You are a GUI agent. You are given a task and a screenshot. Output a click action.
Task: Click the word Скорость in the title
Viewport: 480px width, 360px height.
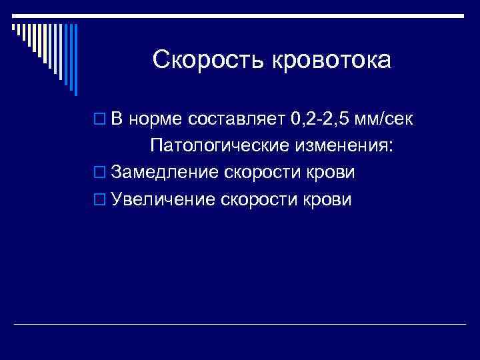(207, 61)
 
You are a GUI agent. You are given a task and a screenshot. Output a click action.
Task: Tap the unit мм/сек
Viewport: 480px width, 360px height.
(386, 120)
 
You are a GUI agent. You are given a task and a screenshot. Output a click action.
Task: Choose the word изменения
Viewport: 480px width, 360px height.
(345, 146)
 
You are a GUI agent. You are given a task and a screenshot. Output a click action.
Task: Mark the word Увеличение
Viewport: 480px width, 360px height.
(163, 199)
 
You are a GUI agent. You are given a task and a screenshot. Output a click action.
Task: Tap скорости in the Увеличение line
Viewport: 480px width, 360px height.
(259, 199)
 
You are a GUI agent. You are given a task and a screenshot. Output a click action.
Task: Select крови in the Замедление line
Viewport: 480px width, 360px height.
(331, 173)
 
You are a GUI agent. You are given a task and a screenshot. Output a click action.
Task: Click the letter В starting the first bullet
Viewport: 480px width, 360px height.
(117, 119)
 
